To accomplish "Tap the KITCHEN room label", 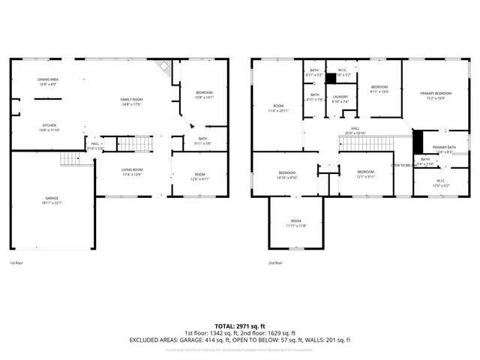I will click(x=49, y=125).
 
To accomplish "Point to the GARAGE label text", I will click(x=52, y=198).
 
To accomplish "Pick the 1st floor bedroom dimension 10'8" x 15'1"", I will click(x=205, y=97).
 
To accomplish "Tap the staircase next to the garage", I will click(x=69, y=158).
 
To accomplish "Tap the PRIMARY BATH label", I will click(x=443, y=147).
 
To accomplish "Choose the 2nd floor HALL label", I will click(x=355, y=128).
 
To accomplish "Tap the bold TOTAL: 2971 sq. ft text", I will click(x=240, y=326).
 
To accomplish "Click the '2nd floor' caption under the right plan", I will click(x=276, y=263).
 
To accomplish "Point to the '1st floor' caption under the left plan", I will click(x=16, y=263).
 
